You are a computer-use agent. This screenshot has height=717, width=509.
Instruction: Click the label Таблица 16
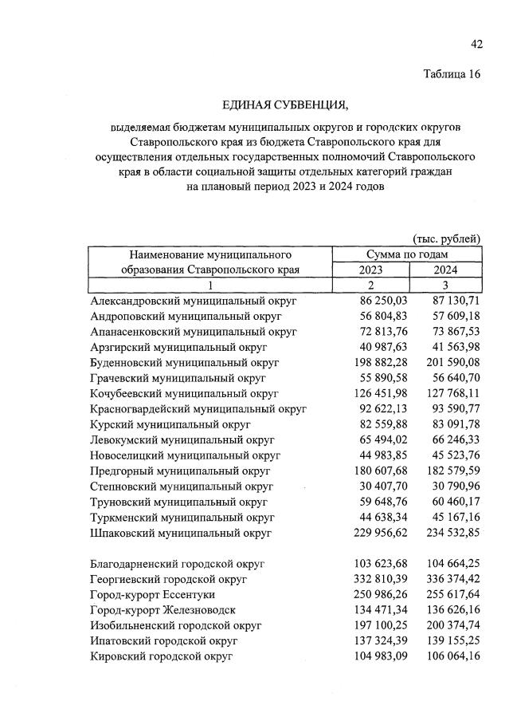pyautogui.click(x=452, y=75)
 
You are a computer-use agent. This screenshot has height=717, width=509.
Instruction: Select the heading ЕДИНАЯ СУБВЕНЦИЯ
pyautogui.click(x=286, y=104)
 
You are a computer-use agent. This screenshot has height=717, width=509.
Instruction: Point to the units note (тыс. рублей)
pyautogui.click(x=447, y=238)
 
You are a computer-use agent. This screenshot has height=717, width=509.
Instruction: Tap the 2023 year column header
pyautogui.click(x=375, y=270)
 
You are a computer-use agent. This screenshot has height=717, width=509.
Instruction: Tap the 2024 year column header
pyautogui.click(x=445, y=270)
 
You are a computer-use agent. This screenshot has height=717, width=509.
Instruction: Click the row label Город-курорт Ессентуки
pyautogui.click(x=153, y=594)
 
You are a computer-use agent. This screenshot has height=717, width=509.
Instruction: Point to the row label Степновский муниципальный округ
pyautogui.click(x=182, y=486)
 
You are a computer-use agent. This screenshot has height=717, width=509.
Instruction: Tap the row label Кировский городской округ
pyautogui.click(x=162, y=656)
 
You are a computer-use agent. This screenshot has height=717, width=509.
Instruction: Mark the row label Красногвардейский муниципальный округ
pyautogui.click(x=199, y=409)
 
